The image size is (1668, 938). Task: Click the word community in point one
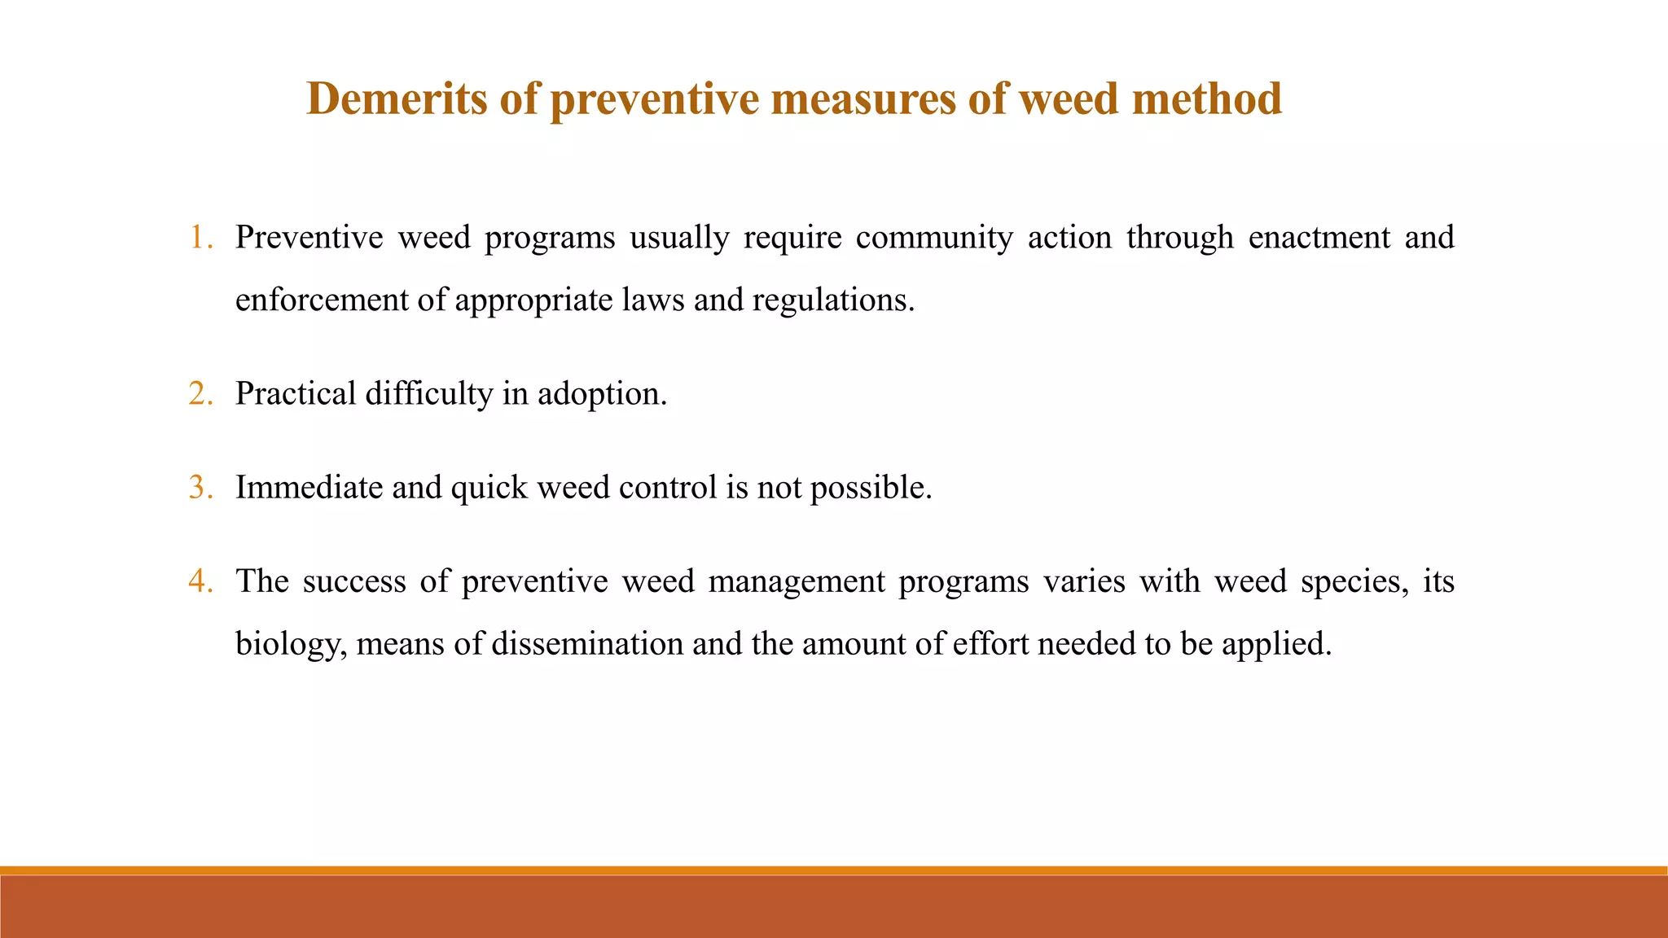pyautogui.click(x=934, y=238)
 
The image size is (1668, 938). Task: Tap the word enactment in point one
pyautogui.click(x=1319, y=238)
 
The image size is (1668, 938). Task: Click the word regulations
pyautogui.click(x=832, y=300)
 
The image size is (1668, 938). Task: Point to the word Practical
pyautogui.click(x=296, y=394)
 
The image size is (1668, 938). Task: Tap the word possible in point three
pyautogui.click(x=870, y=488)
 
